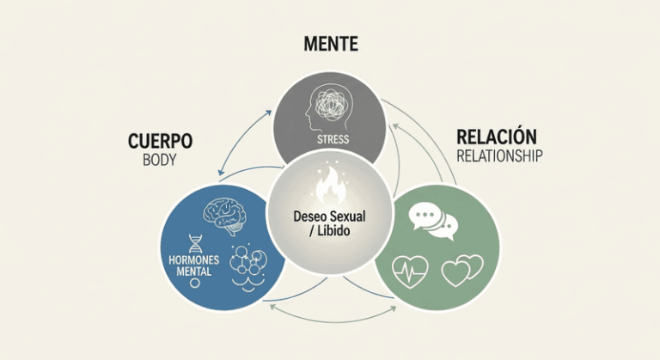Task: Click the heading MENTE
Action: tap(331, 44)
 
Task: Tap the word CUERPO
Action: tap(161, 141)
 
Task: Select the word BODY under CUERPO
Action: tap(160, 160)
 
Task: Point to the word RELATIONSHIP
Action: tap(499, 156)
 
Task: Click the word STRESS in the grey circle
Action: tap(333, 139)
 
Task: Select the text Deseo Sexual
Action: tap(330, 217)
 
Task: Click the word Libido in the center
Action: tap(333, 231)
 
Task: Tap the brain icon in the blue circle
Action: tap(225, 216)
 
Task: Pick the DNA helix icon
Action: tap(195, 244)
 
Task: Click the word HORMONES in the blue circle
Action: tap(194, 259)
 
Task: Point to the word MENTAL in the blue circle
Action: tap(194, 272)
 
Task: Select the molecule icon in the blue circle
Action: tap(247, 267)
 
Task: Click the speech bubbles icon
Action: tap(433, 221)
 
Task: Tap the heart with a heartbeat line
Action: tap(410, 272)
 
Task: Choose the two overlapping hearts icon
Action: tap(462, 271)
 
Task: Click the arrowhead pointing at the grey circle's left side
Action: tap(268, 113)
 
